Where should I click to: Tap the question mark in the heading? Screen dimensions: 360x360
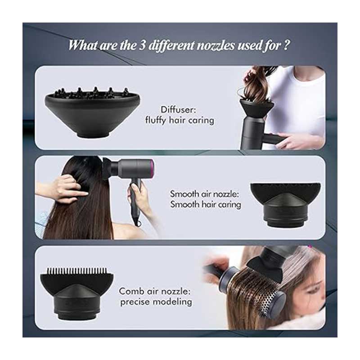pyautogui.click(x=286, y=45)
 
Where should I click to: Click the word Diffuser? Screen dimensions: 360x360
pyautogui.click(x=178, y=110)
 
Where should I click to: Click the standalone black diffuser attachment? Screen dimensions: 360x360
pyautogui.click(x=92, y=112)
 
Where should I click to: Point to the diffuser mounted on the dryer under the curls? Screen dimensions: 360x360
pyautogui.click(x=256, y=108)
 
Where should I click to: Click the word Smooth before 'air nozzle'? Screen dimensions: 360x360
pyautogui.click(x=184, y=194)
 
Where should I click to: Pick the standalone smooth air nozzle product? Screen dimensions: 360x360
pyautogui.click(x=285, y=205)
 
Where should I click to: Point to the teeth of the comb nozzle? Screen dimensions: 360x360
pyautogui.click(x=76, y=271)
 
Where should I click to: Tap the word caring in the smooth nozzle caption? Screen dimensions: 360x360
pyautogui.click(x=229, y=205)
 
